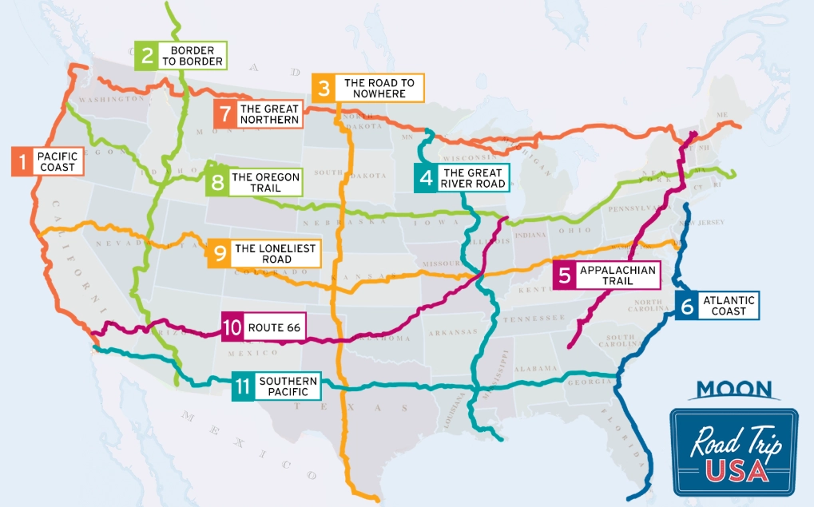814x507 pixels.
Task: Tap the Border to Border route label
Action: coord(192,56)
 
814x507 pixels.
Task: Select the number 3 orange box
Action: coord(324,88)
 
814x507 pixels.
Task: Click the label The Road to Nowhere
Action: coord(379,88)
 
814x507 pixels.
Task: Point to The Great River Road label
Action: coord(473,178)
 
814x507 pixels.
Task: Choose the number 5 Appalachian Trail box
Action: coord(565,276)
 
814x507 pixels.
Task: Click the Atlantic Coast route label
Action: coord(728,306)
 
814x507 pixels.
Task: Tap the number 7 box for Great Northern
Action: coord(224,114)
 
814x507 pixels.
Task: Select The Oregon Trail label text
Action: coord(265,183)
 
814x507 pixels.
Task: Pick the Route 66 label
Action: coord(274,327)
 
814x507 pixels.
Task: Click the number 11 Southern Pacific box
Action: coord(244,386)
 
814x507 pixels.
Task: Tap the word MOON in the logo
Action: coord(733,390)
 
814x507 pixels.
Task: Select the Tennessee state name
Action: coord(537,319)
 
